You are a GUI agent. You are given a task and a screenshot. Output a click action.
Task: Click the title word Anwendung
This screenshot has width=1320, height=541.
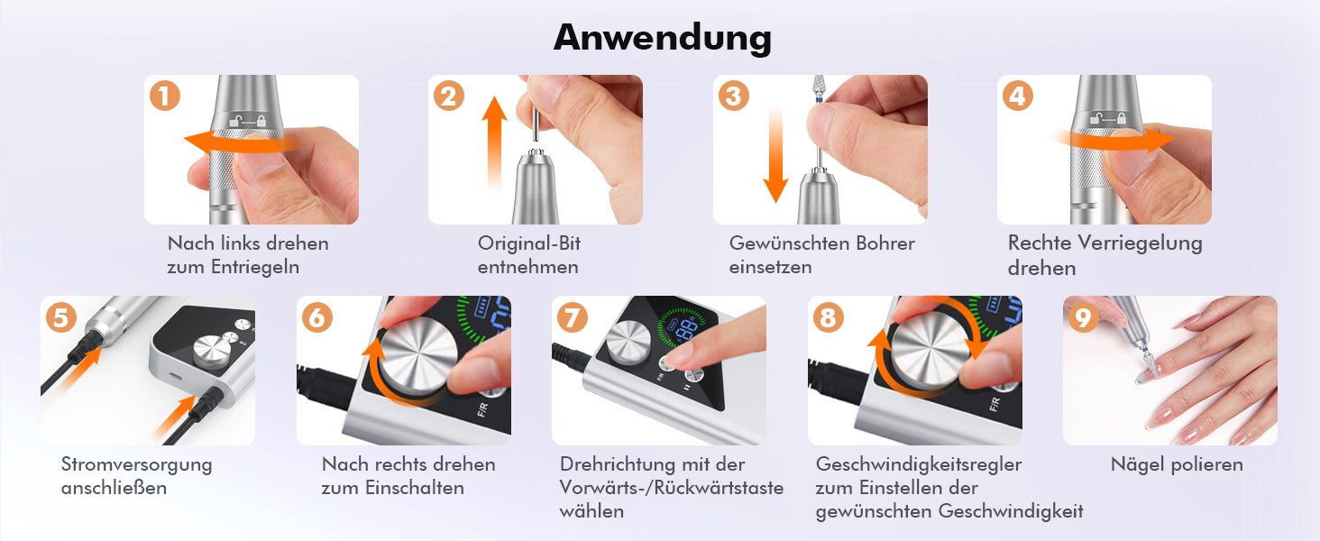tap(663, 38)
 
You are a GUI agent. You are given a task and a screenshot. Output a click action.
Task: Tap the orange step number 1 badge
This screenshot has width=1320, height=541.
tap(164, 96)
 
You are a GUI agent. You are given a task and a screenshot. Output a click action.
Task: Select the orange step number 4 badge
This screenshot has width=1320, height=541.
tap(1018, 96)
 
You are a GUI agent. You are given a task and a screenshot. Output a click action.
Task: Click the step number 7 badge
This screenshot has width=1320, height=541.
tap(573, 317)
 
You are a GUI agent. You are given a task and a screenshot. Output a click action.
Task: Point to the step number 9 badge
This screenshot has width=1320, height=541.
tap(1083, 317)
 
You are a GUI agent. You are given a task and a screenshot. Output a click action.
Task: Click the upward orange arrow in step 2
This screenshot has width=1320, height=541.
tap(494, 144)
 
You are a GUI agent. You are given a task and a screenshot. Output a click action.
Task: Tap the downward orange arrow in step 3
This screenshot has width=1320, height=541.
tap(776, 154)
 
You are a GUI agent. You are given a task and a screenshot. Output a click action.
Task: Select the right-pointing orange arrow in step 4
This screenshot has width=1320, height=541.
tap(1113, 141)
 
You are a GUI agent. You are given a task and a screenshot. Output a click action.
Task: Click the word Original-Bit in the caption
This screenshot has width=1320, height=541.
tap(528, 243)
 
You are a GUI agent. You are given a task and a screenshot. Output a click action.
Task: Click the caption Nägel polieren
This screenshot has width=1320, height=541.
tap(1177, 464)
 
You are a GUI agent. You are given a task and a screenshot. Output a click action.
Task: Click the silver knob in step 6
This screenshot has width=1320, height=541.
tap(417, 354)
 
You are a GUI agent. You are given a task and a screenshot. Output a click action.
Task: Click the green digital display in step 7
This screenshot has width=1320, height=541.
tap(683, 327)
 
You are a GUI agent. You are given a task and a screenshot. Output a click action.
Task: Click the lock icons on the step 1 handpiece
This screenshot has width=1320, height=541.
tap(247, 122)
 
